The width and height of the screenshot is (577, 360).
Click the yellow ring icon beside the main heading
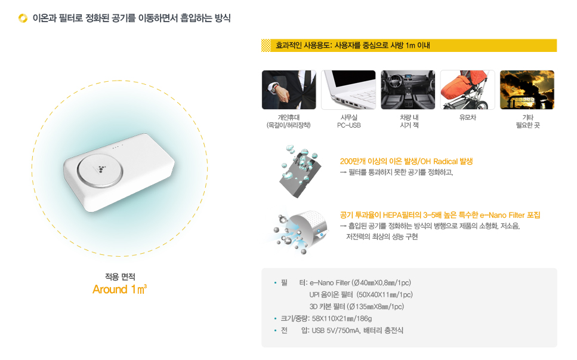point(23,18)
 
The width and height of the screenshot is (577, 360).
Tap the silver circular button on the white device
point(100,170)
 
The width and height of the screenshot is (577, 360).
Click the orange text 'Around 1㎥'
point(119,290)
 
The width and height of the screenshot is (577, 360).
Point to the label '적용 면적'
point(120,277)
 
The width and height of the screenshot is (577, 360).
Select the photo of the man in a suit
point(289,90)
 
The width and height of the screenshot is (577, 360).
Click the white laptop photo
point(348,90)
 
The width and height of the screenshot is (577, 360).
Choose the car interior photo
point(408,90)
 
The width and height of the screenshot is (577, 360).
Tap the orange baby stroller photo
point(468,90)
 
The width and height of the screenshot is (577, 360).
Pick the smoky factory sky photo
point(527,90)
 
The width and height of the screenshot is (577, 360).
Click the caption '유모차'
point(468,118)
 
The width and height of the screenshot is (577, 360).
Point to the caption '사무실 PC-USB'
point(349,121)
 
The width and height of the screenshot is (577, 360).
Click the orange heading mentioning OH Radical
point(406,161)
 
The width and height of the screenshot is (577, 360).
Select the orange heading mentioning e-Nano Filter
point(440,215)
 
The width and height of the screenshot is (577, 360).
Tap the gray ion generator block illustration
point(300,171)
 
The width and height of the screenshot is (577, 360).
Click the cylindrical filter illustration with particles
point(298,230)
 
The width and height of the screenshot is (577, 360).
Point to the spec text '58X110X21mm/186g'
point(342,318)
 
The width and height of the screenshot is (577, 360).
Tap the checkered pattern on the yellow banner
point(266,45)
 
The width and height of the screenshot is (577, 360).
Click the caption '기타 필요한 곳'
point(527,121)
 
